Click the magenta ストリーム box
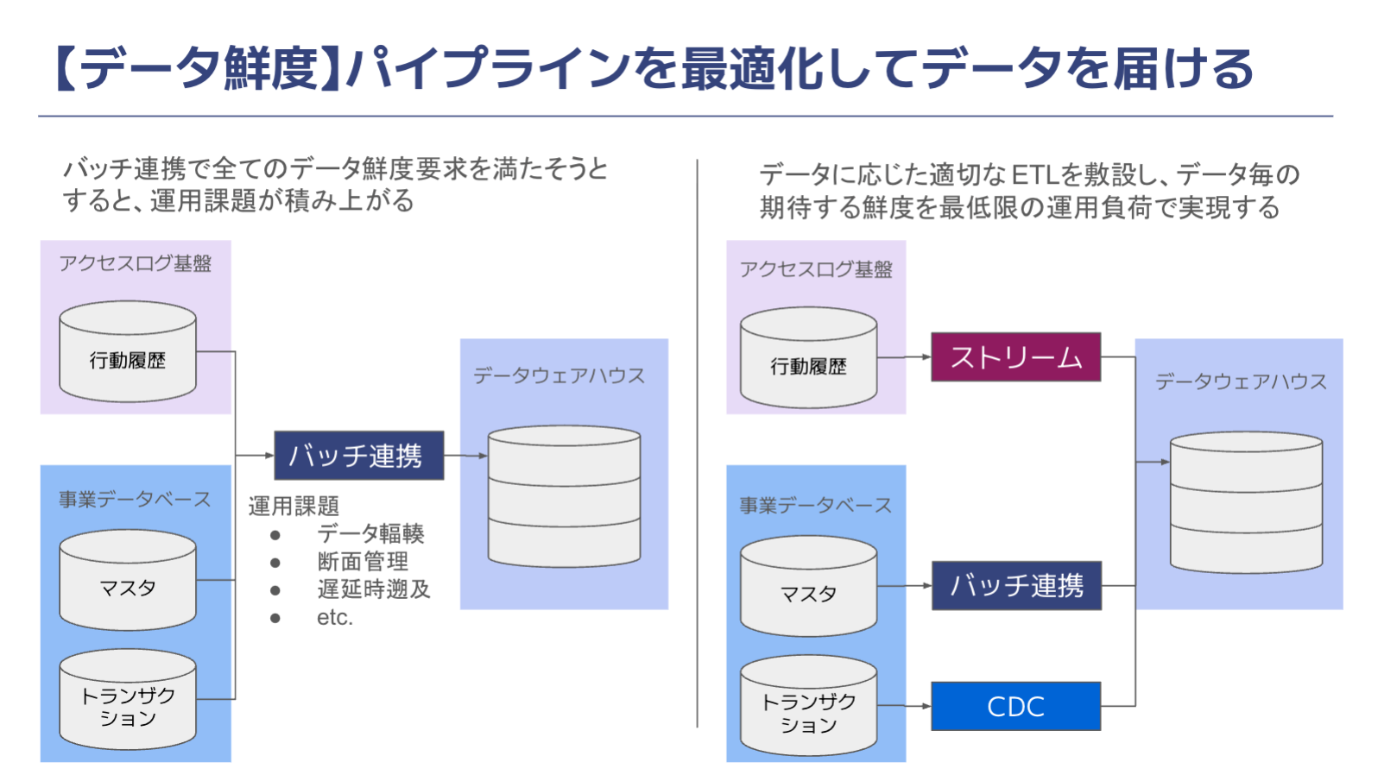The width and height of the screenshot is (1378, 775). click(x=1015, y=356)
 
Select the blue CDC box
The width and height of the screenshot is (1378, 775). click(x=1015, y=706)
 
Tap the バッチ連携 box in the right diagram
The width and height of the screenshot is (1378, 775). click(x=1016, y=586)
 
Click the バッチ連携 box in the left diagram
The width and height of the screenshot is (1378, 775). click(x=358, y=456)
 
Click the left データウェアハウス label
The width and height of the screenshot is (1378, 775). click(x=559, y=375)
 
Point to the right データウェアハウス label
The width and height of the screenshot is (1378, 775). click(x=1241, y=381)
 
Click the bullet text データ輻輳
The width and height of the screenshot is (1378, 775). click(x=370, y=533)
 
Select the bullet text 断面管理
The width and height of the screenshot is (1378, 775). click(x=363, y=562)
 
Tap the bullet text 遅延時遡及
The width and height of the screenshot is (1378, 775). click(x=373, y=589)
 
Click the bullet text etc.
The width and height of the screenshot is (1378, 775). click(x=335, y=618)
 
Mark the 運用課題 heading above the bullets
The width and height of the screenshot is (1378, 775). click(x=294, y=506)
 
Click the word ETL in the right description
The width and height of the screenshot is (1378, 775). click(x=1034, y=175)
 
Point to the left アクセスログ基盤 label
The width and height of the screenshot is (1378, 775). click(x=136, y=263)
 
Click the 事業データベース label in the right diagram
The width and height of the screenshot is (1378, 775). click(x=815, y=505)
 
